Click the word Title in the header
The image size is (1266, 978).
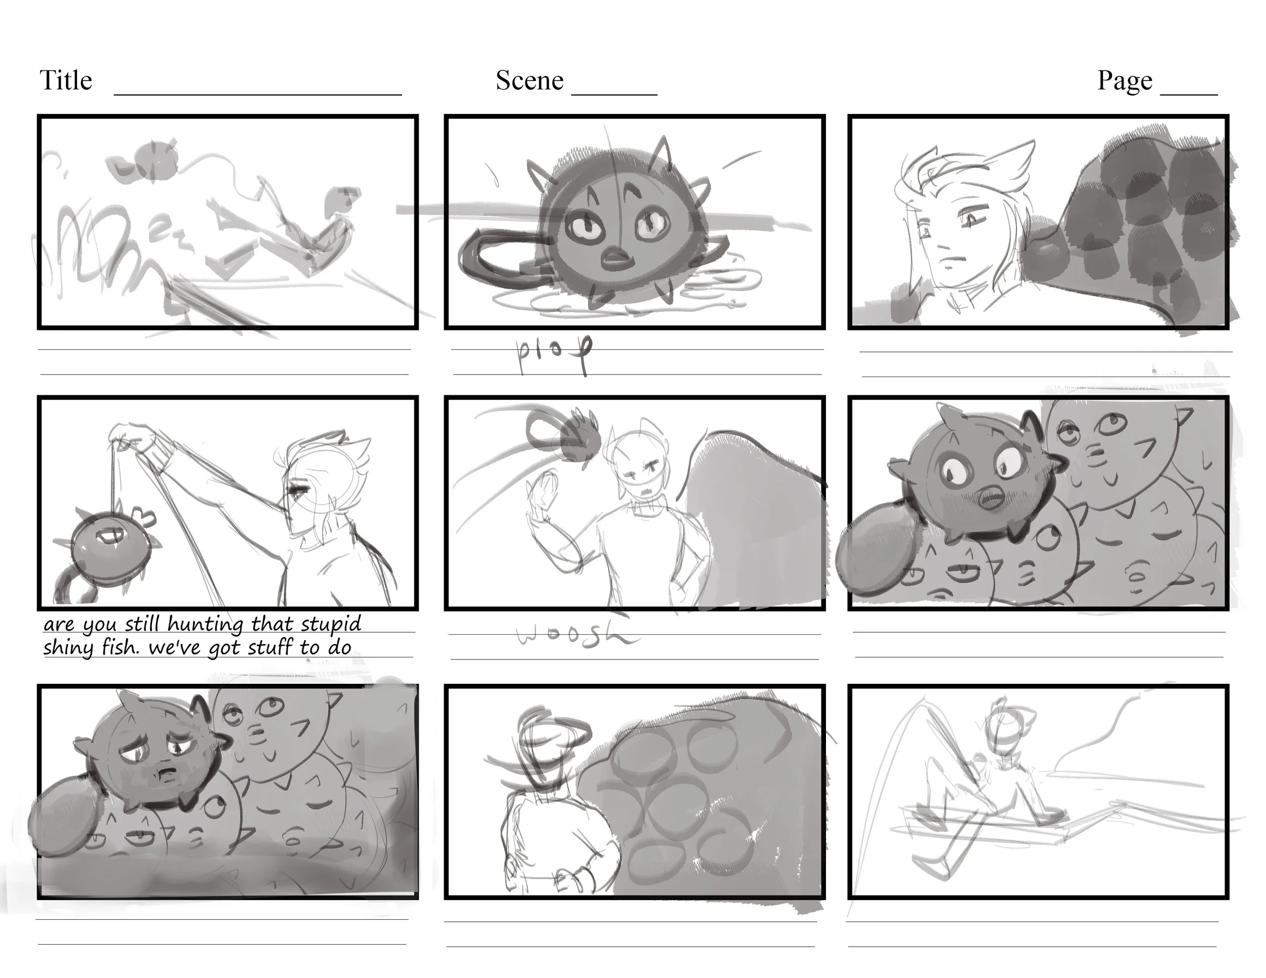(65, 80)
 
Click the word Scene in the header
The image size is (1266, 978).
(529, 80)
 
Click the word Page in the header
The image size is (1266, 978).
(1124, 80)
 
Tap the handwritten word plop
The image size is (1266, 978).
(553, 352)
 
